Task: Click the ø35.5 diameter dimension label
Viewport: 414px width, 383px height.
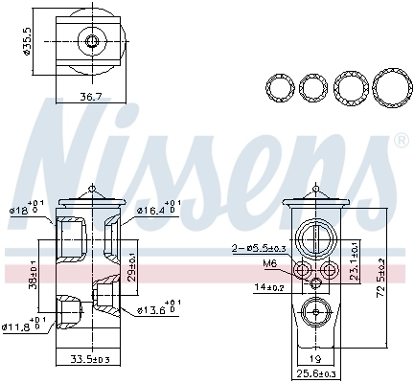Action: point(28,42)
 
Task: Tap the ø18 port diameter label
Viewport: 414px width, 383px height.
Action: point(22,210)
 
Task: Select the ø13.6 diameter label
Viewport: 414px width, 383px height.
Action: point(153,310)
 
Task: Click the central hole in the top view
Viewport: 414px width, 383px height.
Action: point(91,41)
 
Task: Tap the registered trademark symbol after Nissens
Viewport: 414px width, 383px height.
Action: point(399,142)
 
